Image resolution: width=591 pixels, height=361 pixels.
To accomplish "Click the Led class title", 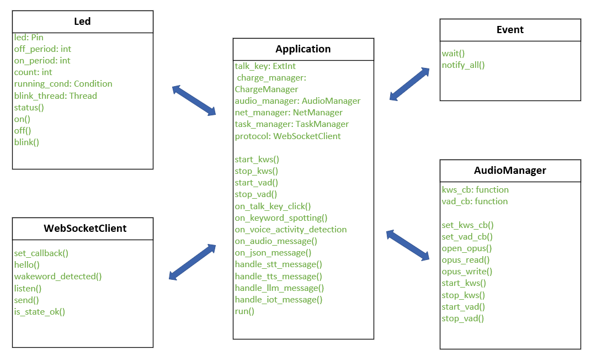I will click(x=82, y=22).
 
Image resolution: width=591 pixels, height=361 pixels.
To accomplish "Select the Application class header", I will click(x=303, y=49).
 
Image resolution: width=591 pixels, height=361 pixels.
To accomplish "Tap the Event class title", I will click(x=510, y=30).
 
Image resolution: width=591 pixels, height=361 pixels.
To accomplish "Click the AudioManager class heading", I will click(x=510, y=171).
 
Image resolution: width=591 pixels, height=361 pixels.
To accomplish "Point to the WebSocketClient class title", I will click(x=85, y=229).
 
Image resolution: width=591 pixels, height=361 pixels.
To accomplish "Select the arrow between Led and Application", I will click(x=194, y=100).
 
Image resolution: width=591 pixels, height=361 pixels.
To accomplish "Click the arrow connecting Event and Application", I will click(x=409, y=84).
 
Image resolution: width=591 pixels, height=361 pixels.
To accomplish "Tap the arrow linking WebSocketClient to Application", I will click(x=192, y=262).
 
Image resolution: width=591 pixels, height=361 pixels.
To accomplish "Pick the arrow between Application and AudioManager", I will click(x=408, y=245).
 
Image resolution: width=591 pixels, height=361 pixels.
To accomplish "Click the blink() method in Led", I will click(x=26, y=142).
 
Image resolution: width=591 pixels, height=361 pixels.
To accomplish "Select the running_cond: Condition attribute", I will click(x=63, y=84).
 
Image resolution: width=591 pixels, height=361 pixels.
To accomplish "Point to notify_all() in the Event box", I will click(x=463, y=65).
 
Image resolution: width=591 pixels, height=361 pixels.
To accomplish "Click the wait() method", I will click(x=453, y=54).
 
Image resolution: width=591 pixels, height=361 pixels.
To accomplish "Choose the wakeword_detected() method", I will click(x=58, y=277).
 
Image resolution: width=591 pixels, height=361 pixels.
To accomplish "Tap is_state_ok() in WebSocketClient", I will click(x=40, y=311).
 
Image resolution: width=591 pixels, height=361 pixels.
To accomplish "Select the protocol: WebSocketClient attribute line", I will click(x=287, y=136).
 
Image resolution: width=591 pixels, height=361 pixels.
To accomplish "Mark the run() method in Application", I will click(x=244, y=311).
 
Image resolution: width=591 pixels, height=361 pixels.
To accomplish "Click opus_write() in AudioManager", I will click(x=467, y=272).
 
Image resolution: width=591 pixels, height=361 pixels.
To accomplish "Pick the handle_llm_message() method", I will click(x=279, y=288).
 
